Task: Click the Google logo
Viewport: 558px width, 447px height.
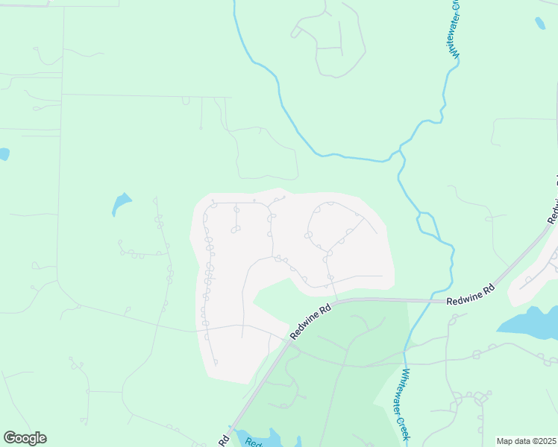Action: click(25, 438)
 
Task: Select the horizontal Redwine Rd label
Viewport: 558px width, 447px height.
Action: click(471, 301)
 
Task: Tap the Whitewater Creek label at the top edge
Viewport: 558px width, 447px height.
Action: click(455, 28)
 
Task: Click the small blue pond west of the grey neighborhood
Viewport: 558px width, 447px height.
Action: click(121, 202)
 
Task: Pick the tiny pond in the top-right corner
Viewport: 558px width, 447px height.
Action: click(539, 23)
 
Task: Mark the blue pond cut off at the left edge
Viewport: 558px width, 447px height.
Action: click(3, 154)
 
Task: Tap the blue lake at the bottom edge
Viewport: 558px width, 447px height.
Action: click(257, 439)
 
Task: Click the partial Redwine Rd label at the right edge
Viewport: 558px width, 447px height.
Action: click(554, 201)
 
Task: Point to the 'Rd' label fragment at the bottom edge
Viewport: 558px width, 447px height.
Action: click(224, 440)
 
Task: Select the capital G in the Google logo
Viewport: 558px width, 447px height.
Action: click(10, 437)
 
